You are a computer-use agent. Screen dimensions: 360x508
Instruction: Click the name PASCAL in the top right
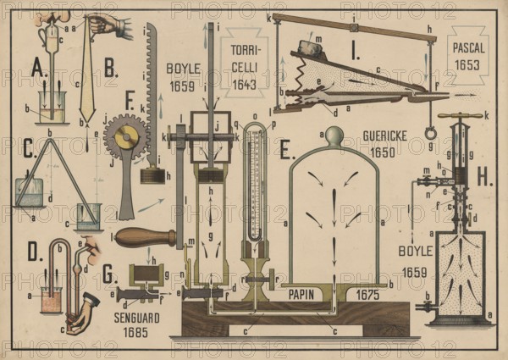pyautogui.click(x=467, y=47)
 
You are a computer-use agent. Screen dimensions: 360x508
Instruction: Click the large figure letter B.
pyautogui.click(x=110, y=69)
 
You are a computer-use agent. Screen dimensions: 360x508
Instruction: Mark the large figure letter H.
pyautogui.click(x=485, y=176)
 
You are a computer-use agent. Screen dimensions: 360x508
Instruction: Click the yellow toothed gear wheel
pyautogui.click(x=128, y=137)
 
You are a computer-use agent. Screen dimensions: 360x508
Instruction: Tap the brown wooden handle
pyautogui.click(x=146, y=237)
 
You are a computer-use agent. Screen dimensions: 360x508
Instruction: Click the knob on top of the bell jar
pyautogui.click(x=334, y=135)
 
